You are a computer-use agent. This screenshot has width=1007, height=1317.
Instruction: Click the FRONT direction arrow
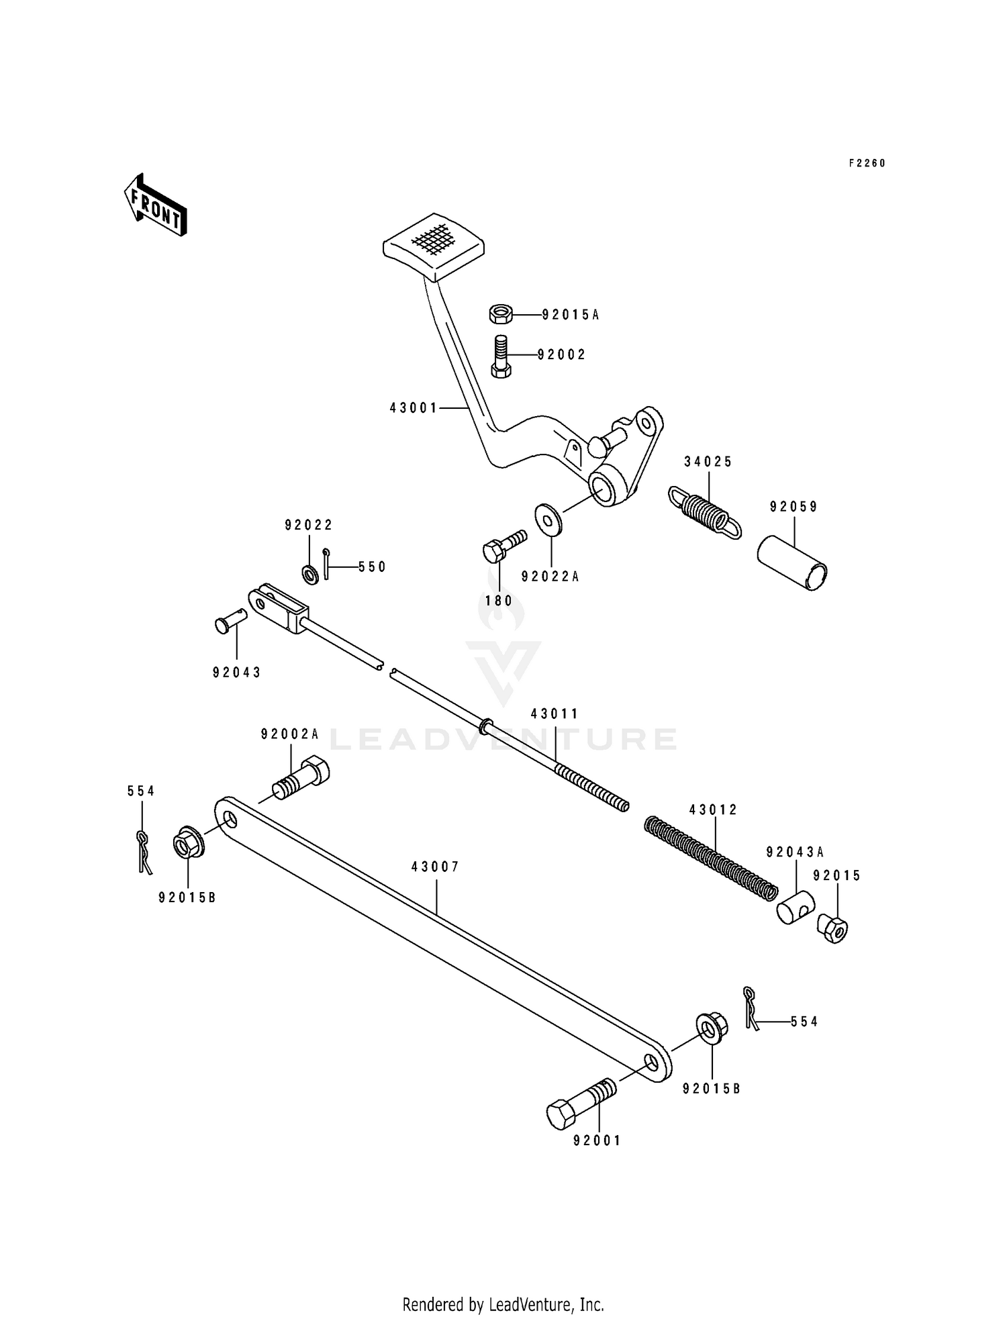click(155, 205)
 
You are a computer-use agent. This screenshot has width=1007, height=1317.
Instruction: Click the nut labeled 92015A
click(500, 313)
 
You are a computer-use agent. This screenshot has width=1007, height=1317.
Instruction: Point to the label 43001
click(413, 407)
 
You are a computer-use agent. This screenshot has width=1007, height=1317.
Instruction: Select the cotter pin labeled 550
click(326, 563)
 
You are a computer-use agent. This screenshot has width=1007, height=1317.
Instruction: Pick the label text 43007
click(435, 867)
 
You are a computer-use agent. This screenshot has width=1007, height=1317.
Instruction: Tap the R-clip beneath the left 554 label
click(144, 851)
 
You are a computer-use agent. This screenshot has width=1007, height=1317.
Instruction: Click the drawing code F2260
click(867, 163)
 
